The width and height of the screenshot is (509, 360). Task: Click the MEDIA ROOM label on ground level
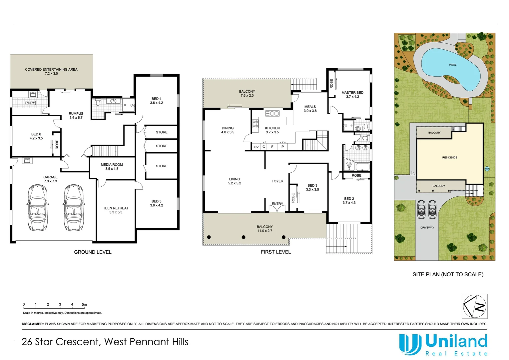[112, 165]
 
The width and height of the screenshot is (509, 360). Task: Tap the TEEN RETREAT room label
[116, 208]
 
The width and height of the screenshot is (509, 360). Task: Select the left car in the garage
[37, 207]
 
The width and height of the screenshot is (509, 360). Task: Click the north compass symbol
[474, 306]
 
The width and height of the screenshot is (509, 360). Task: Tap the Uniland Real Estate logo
[443, 345]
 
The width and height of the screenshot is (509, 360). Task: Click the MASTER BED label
[352, 93]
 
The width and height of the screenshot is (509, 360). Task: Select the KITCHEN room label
[272, 128]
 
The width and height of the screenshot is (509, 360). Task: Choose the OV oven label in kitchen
[256, 147]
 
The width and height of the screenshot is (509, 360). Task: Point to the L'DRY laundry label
[30, 103]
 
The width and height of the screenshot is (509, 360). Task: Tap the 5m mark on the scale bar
[84, 304]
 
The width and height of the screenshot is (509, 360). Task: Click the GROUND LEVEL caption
[93, 252]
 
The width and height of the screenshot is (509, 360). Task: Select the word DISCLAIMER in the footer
[33, 324]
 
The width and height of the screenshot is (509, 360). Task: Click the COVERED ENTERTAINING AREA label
[51, 70]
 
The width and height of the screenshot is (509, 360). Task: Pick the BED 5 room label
[156, 201]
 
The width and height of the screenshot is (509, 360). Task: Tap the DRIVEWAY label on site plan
[427, 228]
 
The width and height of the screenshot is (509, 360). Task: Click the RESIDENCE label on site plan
[449, 157]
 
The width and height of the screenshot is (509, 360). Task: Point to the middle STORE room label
[162, 146]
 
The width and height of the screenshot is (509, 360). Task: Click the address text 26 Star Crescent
[60, 342]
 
